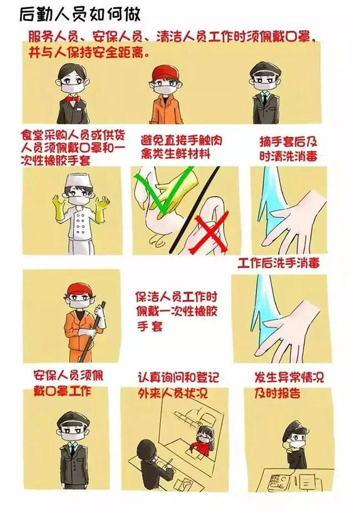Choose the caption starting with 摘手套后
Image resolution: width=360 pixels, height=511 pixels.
(288, 149)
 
